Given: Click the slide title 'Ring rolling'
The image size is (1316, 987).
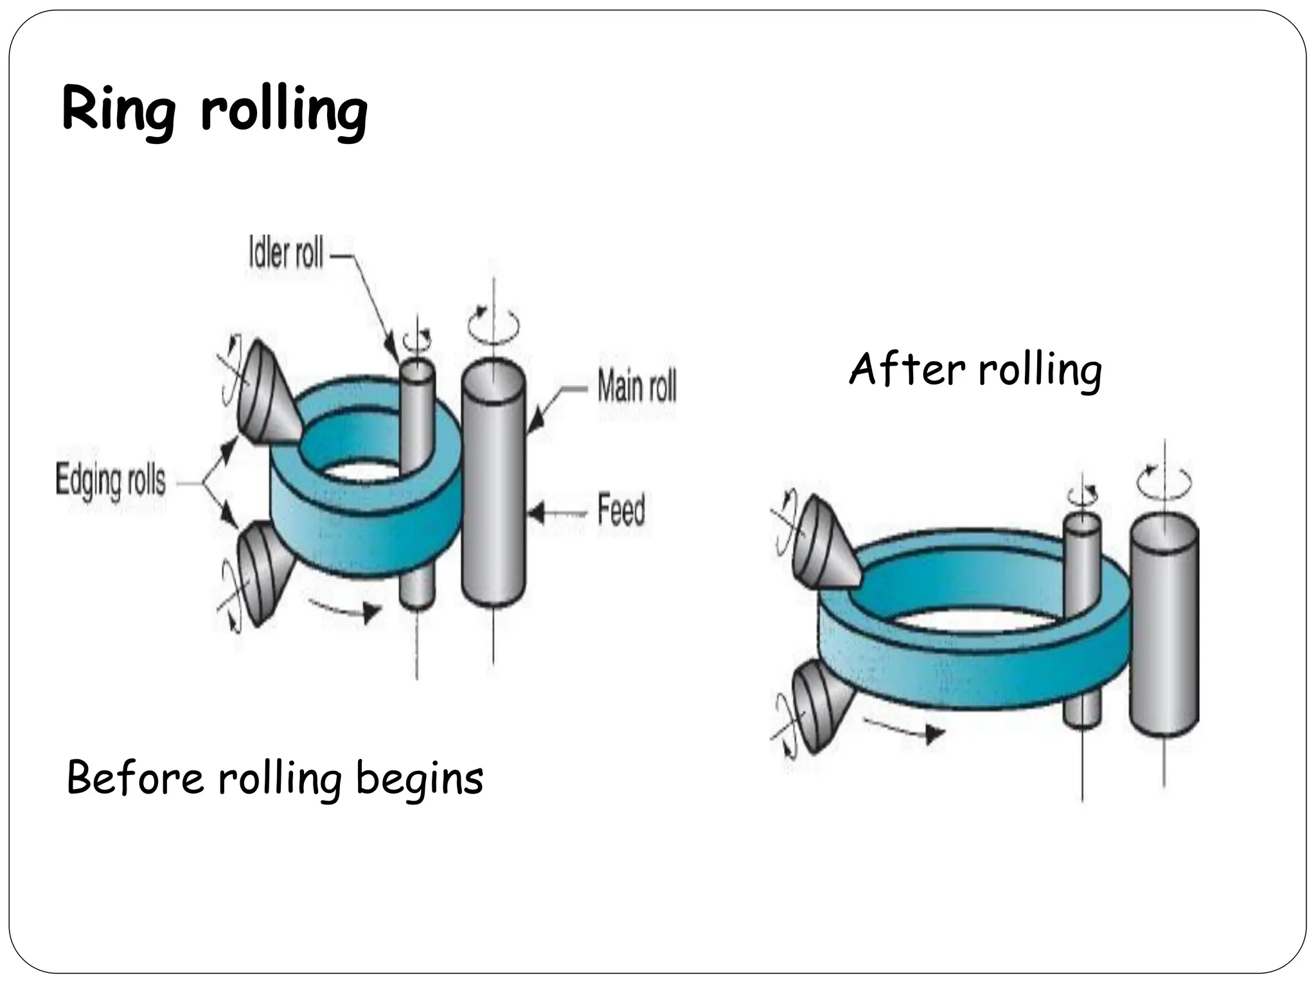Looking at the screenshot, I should tap(215, 111).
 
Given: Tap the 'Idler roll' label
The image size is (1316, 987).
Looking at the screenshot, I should tap(286, 253).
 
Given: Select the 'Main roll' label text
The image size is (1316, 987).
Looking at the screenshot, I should tap(636, 386).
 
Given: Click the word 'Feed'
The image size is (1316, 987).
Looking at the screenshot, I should tap(621, 510).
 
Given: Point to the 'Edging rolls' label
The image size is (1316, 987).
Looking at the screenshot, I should tap(111, 481).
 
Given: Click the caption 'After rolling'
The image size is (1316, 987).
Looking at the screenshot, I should tap(975, 370).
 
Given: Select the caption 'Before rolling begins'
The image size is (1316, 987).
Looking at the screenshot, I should tap(275, 778).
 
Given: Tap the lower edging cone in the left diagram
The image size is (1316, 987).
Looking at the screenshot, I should tap(262, 569).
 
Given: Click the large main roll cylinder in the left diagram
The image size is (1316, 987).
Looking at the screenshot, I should tap(493, 488).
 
